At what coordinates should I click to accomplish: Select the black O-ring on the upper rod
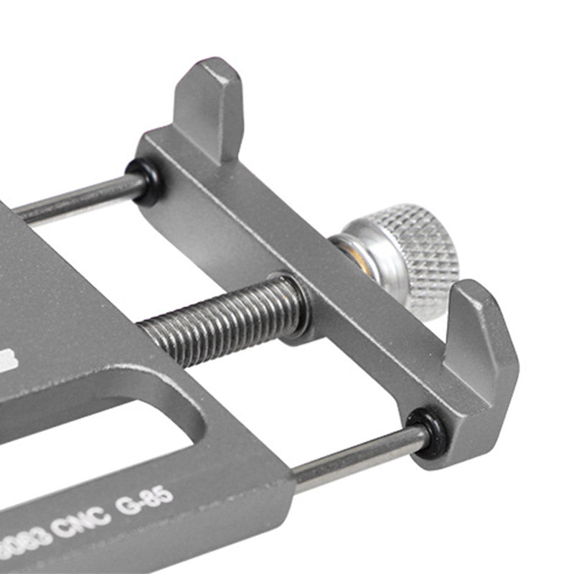pos(144,179)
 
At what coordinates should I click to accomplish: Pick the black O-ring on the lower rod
pos(423,430)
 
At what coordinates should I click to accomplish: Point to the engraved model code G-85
pos(147,499)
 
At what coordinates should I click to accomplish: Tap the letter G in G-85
pos(129,506)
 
